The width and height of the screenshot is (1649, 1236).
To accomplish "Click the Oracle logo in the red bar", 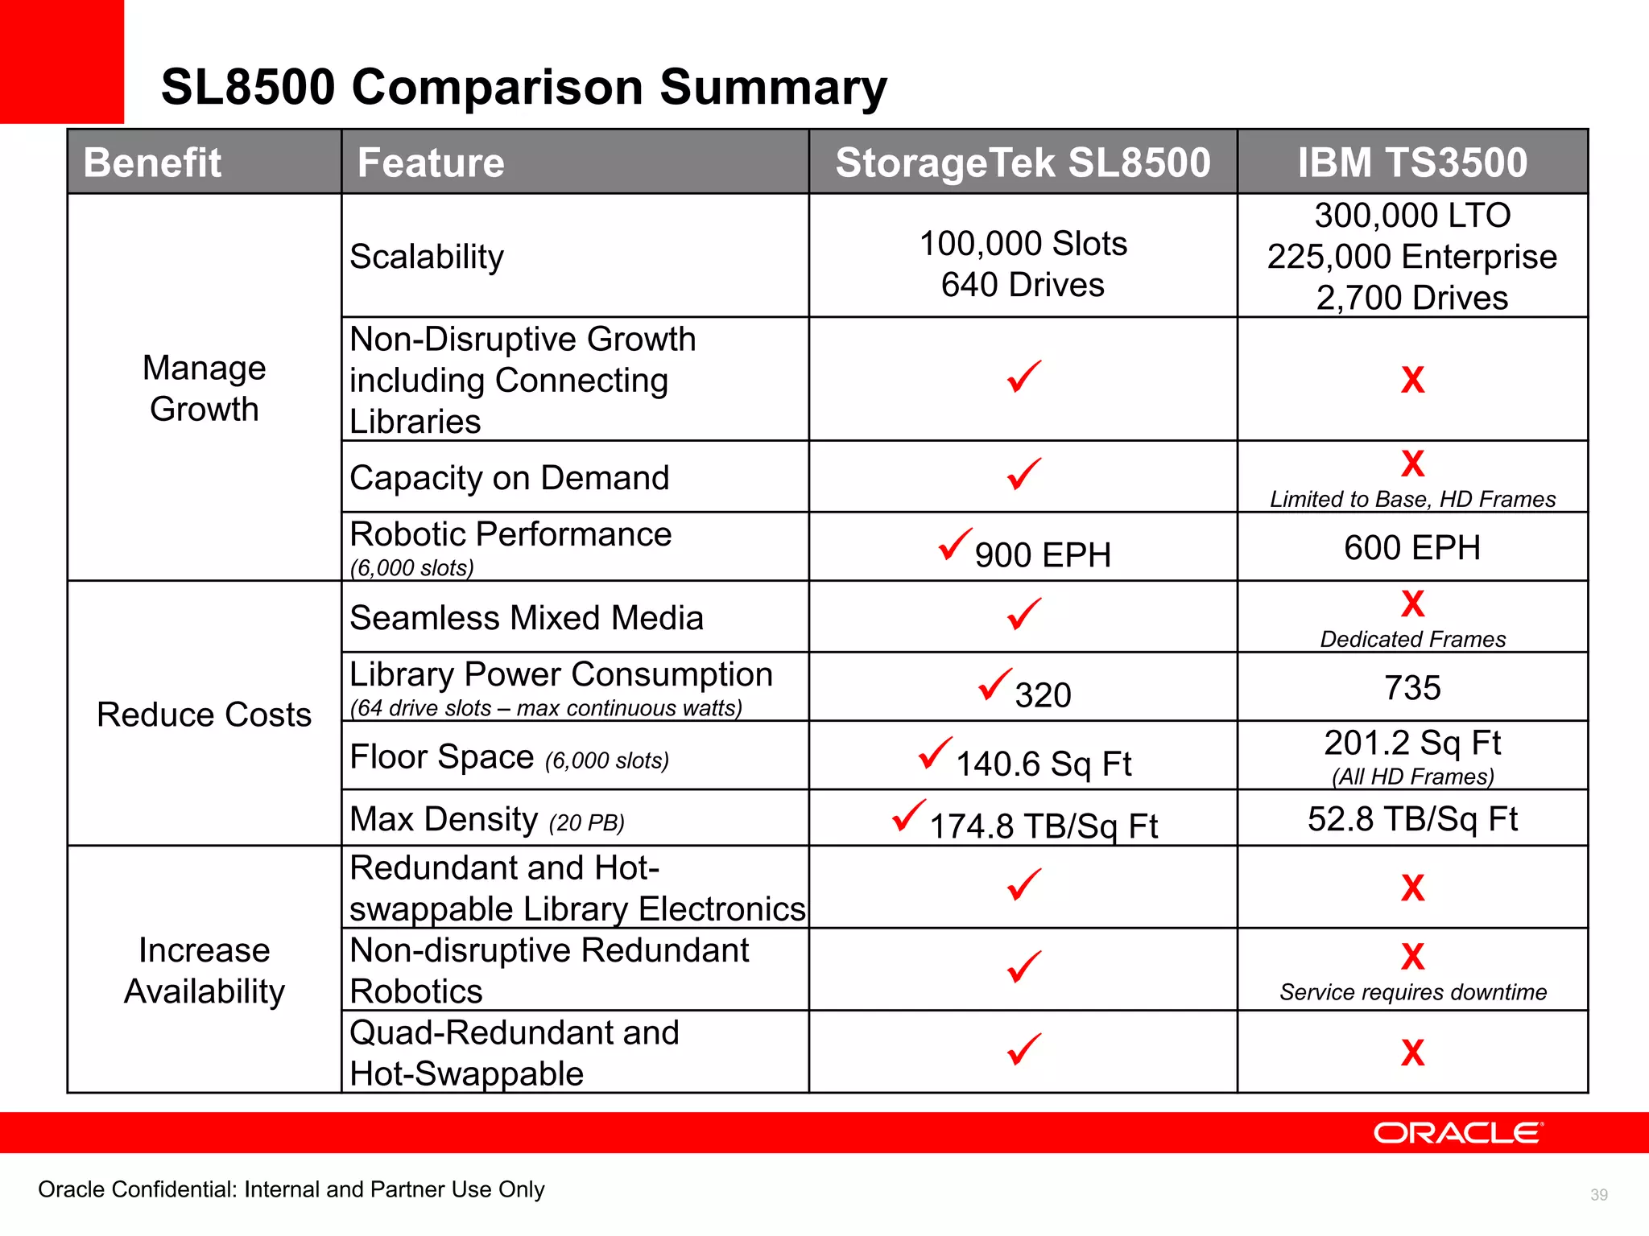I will [1457, 1133].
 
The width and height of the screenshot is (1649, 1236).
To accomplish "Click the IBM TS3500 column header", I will [1412, 163].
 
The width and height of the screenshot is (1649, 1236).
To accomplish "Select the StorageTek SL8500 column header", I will [1023, 163].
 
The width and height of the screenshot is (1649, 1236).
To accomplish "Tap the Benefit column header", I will [152, 163].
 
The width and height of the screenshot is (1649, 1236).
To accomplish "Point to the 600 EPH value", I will [1412, 548].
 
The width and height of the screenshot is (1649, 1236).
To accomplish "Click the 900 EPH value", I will [1042, 555].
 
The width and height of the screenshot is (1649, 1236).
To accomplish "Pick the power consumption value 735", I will [1412, 688].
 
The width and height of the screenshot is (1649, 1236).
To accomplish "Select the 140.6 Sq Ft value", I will [1044, 764].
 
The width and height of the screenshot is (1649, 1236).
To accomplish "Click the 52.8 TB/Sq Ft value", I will [1412, 819].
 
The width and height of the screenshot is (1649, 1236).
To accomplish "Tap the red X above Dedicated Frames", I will [1412, 604].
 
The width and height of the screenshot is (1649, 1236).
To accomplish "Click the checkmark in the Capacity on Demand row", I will [1024, 475].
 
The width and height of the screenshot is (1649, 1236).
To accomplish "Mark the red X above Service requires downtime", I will [1412, 957].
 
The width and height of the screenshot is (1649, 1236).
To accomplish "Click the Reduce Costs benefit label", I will [204, 715].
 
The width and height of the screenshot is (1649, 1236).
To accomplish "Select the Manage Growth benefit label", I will [204, 388].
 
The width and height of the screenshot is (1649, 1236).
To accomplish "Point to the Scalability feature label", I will [427, 257].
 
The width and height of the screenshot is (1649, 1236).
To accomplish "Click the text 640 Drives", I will [1023, 285].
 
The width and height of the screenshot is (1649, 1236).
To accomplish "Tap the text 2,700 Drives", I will [1412, 298].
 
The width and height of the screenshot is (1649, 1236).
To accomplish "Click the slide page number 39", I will [1599, 1195].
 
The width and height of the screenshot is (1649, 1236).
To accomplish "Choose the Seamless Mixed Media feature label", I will [527, 618].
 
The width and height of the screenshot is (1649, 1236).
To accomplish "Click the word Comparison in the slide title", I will [499, 87].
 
